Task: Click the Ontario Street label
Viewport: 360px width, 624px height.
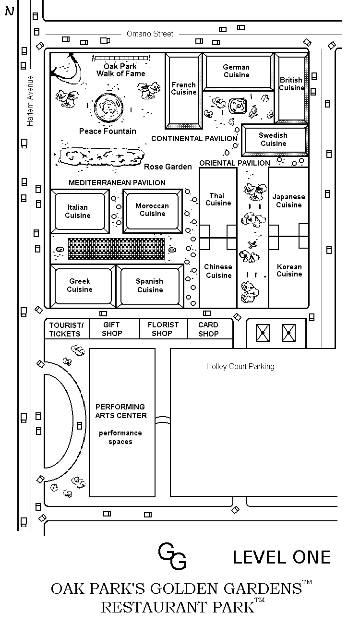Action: [x=150, y=34]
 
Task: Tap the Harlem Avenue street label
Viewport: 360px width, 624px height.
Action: [x=30, y=101]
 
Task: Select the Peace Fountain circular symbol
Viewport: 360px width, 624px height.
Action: [x=108, y=107]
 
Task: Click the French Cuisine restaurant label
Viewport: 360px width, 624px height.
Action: [x=184, y=88]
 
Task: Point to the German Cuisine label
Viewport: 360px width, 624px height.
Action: [x=236, y=71]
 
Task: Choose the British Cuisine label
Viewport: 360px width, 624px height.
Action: [x=291, y=84]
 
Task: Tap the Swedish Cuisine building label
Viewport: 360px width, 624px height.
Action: [x=273, y=139]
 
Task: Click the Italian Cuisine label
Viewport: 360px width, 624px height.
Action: [x=78, y=211]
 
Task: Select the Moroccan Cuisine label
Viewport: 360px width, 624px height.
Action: [x=152, y=209]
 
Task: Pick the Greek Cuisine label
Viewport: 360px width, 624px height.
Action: [x=80, y=285]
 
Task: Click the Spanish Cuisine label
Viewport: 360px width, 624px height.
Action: [x=150, y=285]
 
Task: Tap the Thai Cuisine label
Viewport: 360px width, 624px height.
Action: [x=218, y=199]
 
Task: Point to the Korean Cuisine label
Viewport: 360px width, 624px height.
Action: [x=289, y=270]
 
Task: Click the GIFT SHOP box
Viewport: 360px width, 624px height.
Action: [x=115, y=329]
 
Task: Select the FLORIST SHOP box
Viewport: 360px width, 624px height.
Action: [x=164, y=329]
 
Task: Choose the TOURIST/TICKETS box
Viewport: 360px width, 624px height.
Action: [x=67, y=329]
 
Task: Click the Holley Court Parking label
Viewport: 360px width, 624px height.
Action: [x=240, y=366]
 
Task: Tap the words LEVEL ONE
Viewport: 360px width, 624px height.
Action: [x=281, y=557]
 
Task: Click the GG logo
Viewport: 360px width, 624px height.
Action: [x=172, y=556]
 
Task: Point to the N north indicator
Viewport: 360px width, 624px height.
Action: [x=10, y=11]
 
